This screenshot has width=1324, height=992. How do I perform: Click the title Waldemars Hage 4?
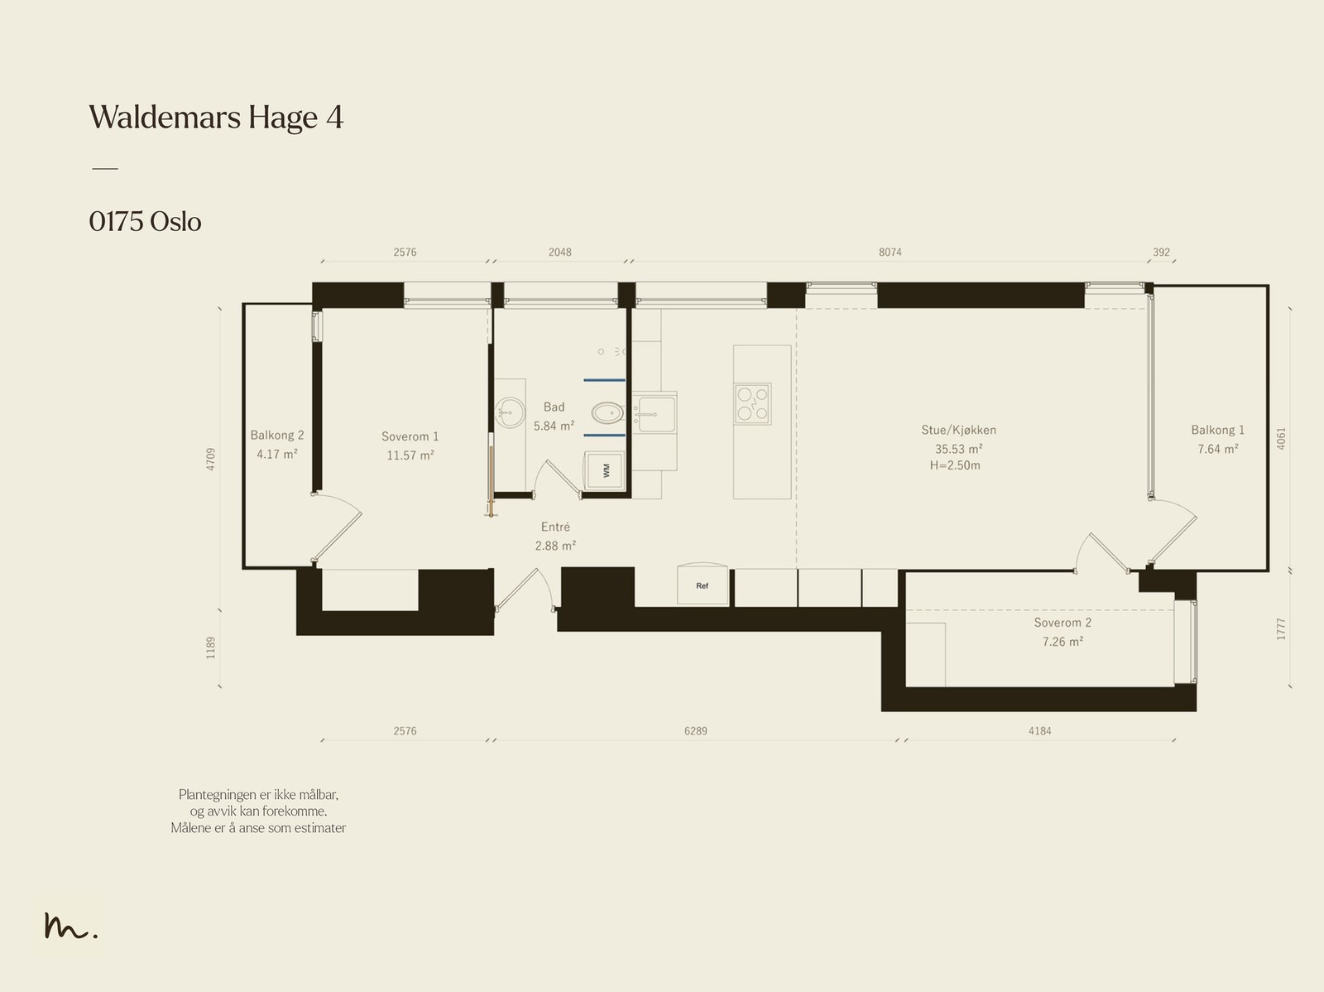[x=216, y=118]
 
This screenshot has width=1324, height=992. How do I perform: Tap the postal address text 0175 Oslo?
[x=145, y=222]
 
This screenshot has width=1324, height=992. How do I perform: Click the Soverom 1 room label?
[x=410, y=436]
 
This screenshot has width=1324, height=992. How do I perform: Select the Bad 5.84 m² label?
[x=554, y=417]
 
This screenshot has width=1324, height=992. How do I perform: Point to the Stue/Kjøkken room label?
[x=958, y=431]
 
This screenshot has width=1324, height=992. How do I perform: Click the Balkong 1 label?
[x=1218, y=431]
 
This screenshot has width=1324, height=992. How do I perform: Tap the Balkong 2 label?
[x=277, y=435]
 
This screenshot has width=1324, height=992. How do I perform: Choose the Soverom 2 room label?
[x=1063, y=623]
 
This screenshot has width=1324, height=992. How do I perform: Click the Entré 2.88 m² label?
[x=555, y=537]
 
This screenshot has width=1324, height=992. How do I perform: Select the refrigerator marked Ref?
[x=702, y=584]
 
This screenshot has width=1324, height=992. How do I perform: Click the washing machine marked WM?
[x=605, y=470]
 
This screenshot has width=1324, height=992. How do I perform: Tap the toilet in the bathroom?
[x=607, y=413]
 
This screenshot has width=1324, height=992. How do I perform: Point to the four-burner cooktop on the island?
[x=753, y=404]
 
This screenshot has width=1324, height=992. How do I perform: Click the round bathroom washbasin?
[x=511, y=412]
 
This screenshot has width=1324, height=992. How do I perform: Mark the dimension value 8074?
[x=890, y=253]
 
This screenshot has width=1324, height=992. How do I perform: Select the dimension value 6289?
[x=695, y=731]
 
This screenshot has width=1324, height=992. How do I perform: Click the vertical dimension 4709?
[x=210, y=460]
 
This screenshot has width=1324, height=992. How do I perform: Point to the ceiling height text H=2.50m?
[x=955, y=466]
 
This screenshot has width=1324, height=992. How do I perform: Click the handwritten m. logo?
[x=70, y=927]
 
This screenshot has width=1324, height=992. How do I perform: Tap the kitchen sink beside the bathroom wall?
[x=655, y=414]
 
